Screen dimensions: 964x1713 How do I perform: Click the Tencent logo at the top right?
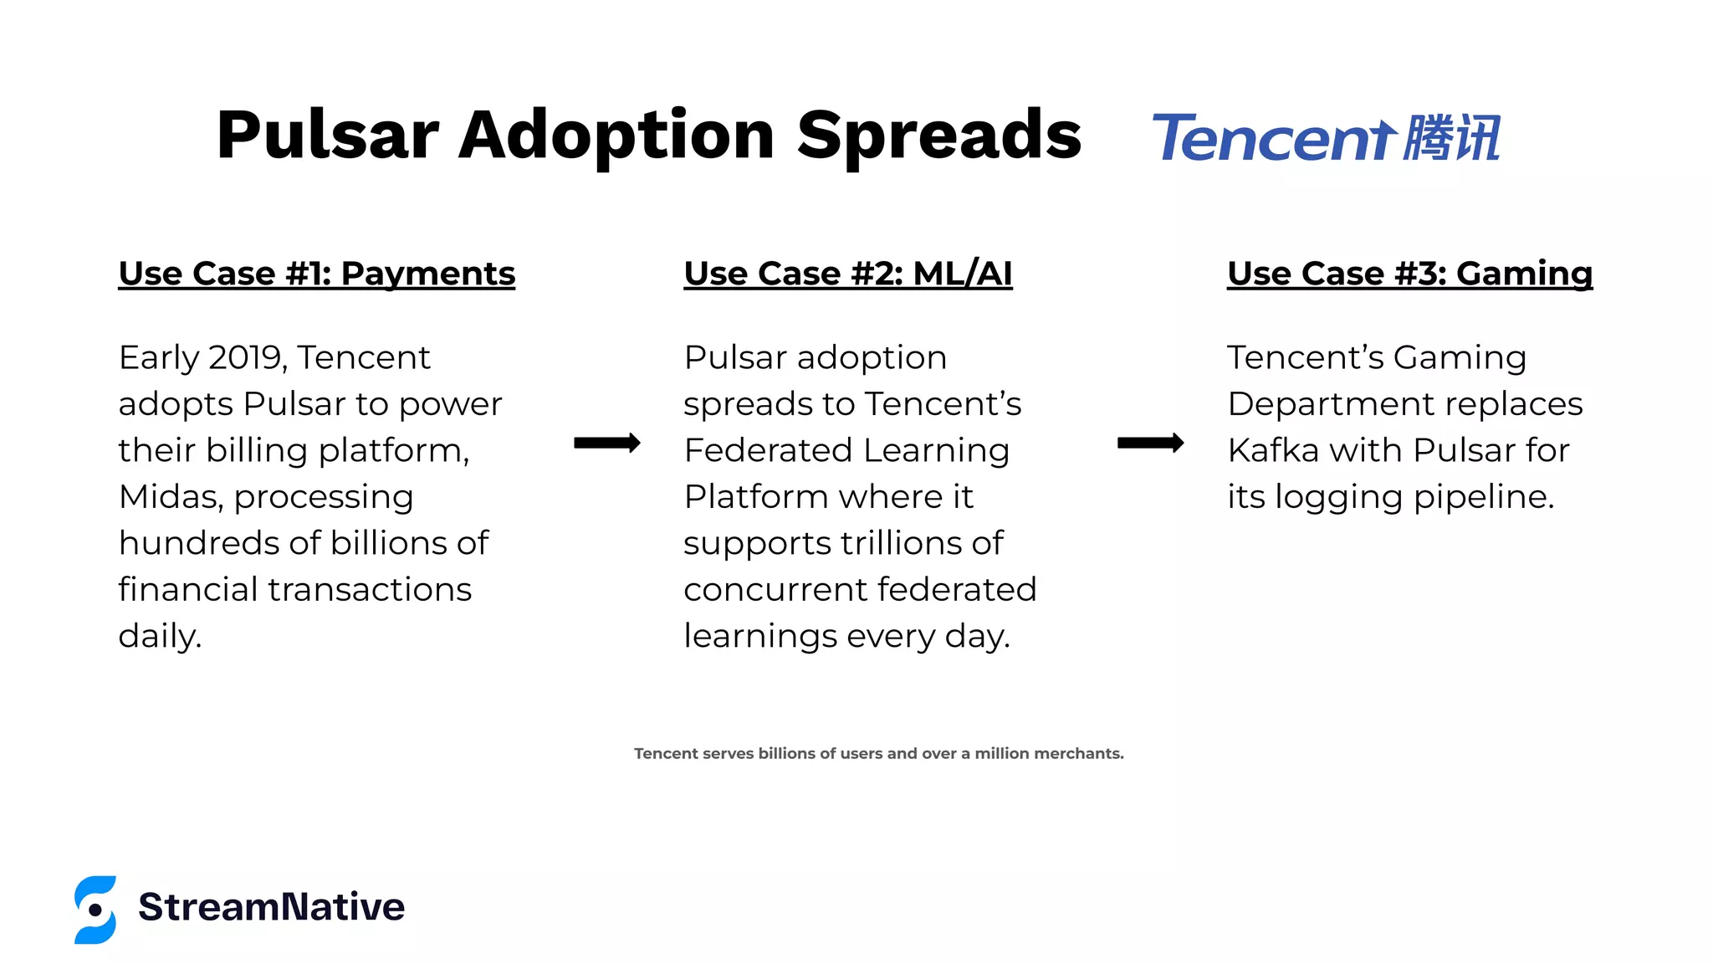click(1326, 138)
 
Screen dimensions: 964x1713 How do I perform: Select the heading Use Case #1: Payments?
click(316, 274)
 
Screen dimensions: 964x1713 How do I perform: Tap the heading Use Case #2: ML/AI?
click(847, 274)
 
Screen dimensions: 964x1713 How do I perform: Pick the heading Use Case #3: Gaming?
click(1409, 274)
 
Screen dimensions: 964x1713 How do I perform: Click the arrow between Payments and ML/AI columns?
click(606, 443)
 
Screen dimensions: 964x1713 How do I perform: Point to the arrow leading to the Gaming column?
click(1150, 443)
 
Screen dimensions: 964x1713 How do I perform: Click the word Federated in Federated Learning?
click(767, 450)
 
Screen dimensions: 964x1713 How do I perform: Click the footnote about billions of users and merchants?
click(878, 753)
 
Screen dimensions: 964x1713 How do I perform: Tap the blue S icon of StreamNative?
click(95, 910)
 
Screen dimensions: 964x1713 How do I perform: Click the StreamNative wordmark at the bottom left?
click(271, 907)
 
